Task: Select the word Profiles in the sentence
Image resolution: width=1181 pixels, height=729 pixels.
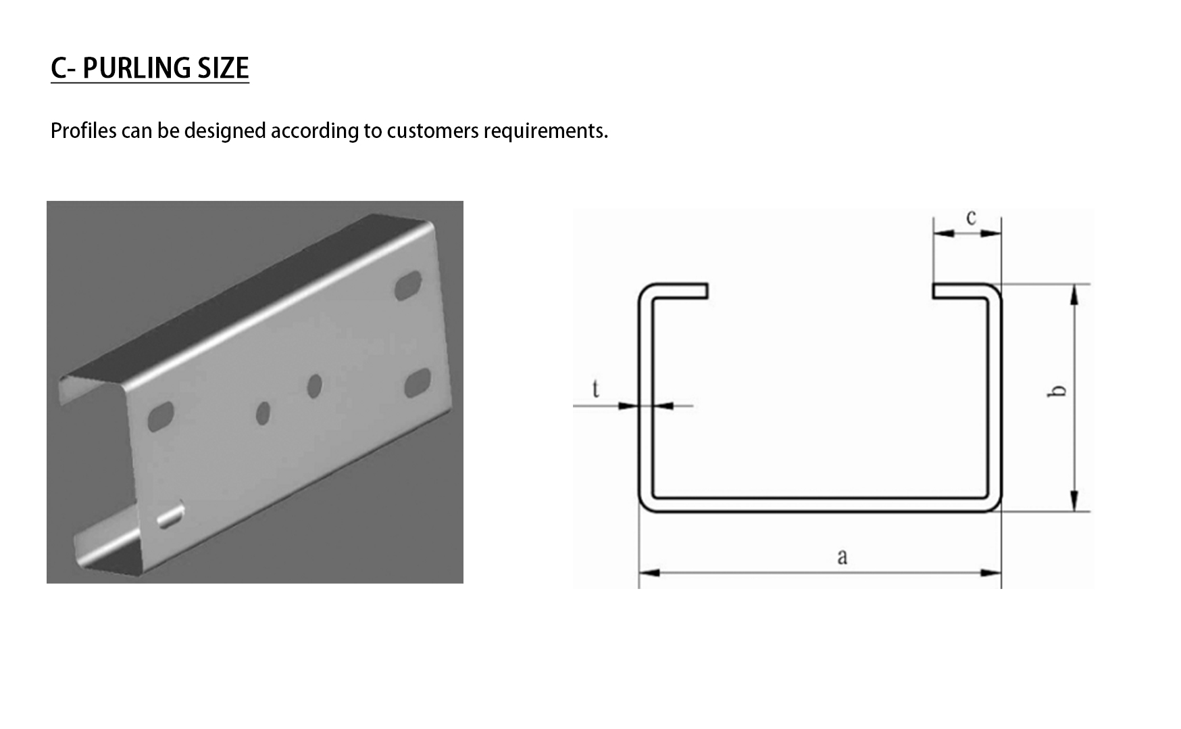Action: click(x=84, y=131)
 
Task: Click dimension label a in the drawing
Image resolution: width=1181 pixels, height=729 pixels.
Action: click(x=842, y=557)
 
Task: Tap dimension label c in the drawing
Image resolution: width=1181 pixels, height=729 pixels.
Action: click(x=971, y=218)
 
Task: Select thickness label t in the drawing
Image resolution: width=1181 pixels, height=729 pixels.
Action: click(x=595, y=389)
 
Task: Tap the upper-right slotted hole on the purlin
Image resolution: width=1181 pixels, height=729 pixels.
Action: click(x=408, y=285)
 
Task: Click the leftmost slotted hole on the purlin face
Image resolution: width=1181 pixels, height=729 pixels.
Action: click(x=161, y=417)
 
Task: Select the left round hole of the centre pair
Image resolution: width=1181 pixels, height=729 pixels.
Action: click(x=263, y=413)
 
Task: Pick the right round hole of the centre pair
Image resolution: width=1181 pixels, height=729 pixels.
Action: click(x=314, y=385)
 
